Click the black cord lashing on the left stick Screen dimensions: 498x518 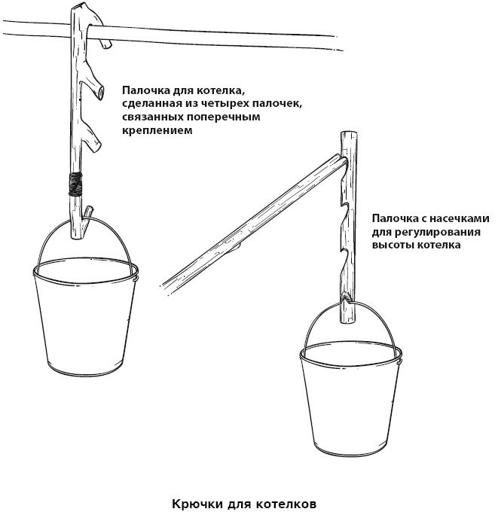pyautogui.click(x=76, y=184)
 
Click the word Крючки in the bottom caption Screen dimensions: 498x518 pyautogui.click(x=197, y=504)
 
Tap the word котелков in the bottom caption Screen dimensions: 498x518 pyautogui.click(x=286, y=504)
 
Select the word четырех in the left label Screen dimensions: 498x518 pyautogui.click(x=222, y=103)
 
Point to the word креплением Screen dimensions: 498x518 pyautogui.click(x=157, y=130)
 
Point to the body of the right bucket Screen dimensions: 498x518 pyautogui.click(x=351, y=407)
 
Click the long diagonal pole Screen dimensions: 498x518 pyautogui.click(x=254, y=224)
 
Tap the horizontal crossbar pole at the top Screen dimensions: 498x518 pyautogui.click(x=172, y=34)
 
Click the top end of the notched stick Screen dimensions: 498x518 pyautogui.click(x=349, y=133)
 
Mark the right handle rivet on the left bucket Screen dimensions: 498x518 pyautogui.click(x=136, y=279)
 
